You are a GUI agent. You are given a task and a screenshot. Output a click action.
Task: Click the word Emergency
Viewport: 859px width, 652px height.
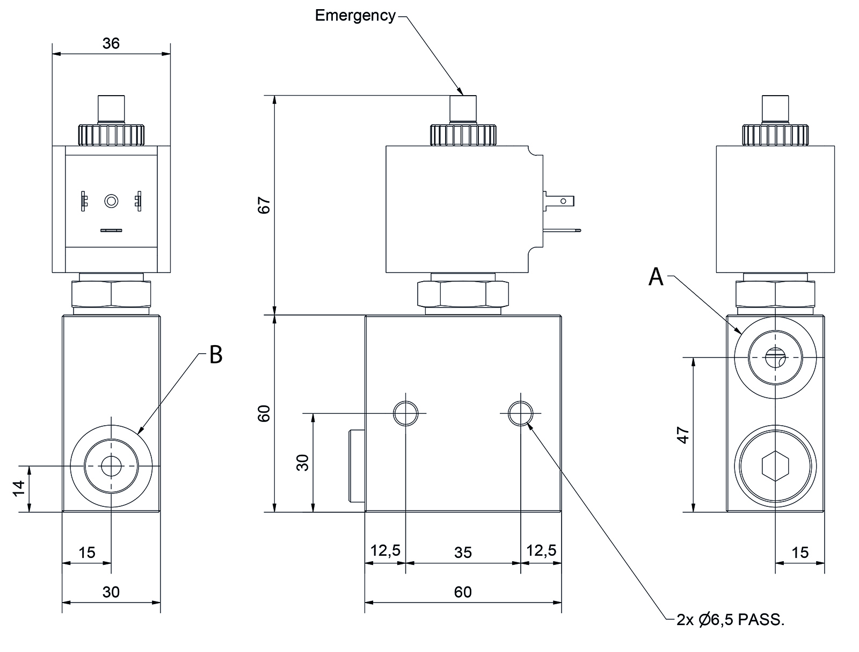[x=354, y=16]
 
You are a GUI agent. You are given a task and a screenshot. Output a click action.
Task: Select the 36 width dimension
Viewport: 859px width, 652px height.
[x=111, y=43]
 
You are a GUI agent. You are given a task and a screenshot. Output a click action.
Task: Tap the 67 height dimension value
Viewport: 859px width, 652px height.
[x=264, y=205]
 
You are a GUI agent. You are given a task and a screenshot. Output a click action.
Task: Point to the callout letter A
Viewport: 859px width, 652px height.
[x=656, y=277]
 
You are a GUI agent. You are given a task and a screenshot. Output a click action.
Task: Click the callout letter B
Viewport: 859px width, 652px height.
[x=215, y=355]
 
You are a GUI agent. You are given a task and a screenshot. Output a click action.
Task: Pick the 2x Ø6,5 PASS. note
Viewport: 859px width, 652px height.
[x=731, y=620]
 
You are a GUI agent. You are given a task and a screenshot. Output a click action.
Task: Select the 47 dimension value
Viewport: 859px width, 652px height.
[x=682, y=435]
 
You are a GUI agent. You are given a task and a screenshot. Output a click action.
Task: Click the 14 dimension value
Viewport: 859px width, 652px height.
[x=19, y=489]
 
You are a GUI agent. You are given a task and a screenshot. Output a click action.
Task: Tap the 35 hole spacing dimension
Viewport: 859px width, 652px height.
[x=462, y=552]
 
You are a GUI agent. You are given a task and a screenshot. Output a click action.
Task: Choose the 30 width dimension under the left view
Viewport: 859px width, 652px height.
[x=111, y=592]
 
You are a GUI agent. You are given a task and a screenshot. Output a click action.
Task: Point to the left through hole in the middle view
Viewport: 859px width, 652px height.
[x=405, y=413]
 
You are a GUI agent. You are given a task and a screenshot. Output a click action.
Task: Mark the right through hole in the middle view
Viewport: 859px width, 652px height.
[x=520, y=413]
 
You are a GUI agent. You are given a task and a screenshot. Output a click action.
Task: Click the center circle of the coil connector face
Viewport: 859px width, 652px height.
[x=111, y=201]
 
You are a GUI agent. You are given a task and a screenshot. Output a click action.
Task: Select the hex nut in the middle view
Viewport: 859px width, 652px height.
[x=463, y=294]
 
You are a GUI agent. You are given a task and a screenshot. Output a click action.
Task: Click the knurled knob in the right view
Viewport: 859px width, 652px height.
[x=775, y=135]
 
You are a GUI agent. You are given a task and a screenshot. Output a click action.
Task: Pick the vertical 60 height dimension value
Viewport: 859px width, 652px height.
[x=264, y=413]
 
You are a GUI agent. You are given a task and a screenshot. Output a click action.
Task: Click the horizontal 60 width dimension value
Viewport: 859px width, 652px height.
[x=462, y=592]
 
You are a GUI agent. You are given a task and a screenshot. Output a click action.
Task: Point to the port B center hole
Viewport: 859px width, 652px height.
[x=111, y=466]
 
